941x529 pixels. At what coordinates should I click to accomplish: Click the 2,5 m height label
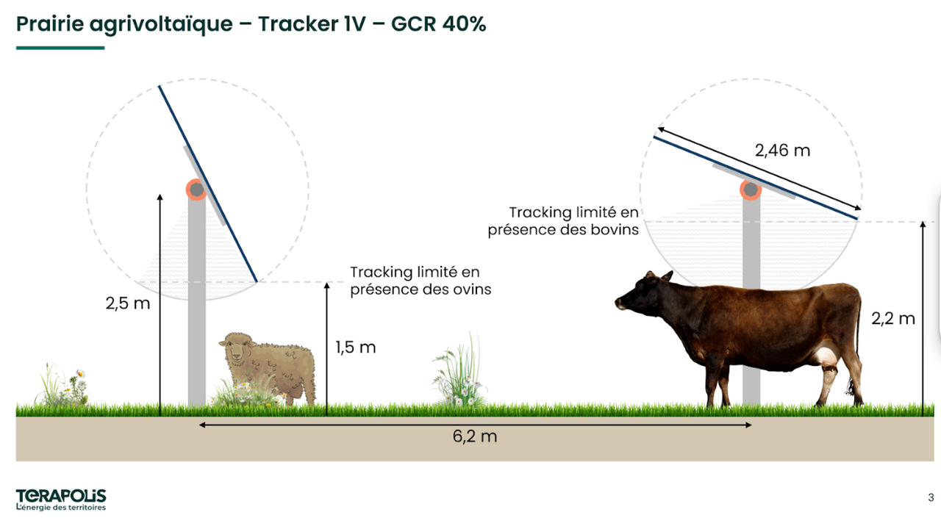(128, 303)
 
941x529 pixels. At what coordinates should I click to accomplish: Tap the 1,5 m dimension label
(355, 348)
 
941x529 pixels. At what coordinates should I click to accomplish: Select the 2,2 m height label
(893, 319)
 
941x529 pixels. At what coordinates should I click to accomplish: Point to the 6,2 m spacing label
(475, 436)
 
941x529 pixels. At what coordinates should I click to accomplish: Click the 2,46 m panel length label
(782, 151)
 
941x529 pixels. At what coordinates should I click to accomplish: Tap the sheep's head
(236, 348)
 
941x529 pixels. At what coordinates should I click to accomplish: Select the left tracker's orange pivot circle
(196, 190)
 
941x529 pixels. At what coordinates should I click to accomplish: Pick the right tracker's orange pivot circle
(751, 190)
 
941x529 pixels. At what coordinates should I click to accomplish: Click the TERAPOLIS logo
(61, 496)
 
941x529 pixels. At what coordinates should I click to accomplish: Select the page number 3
(931, 497)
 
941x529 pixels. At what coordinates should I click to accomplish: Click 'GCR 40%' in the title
(439, 24)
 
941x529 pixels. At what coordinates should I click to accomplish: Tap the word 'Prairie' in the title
(50, 24)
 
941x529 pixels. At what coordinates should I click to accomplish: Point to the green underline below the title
(60, 48)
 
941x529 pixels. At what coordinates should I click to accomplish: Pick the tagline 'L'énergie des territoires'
(61, 508)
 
